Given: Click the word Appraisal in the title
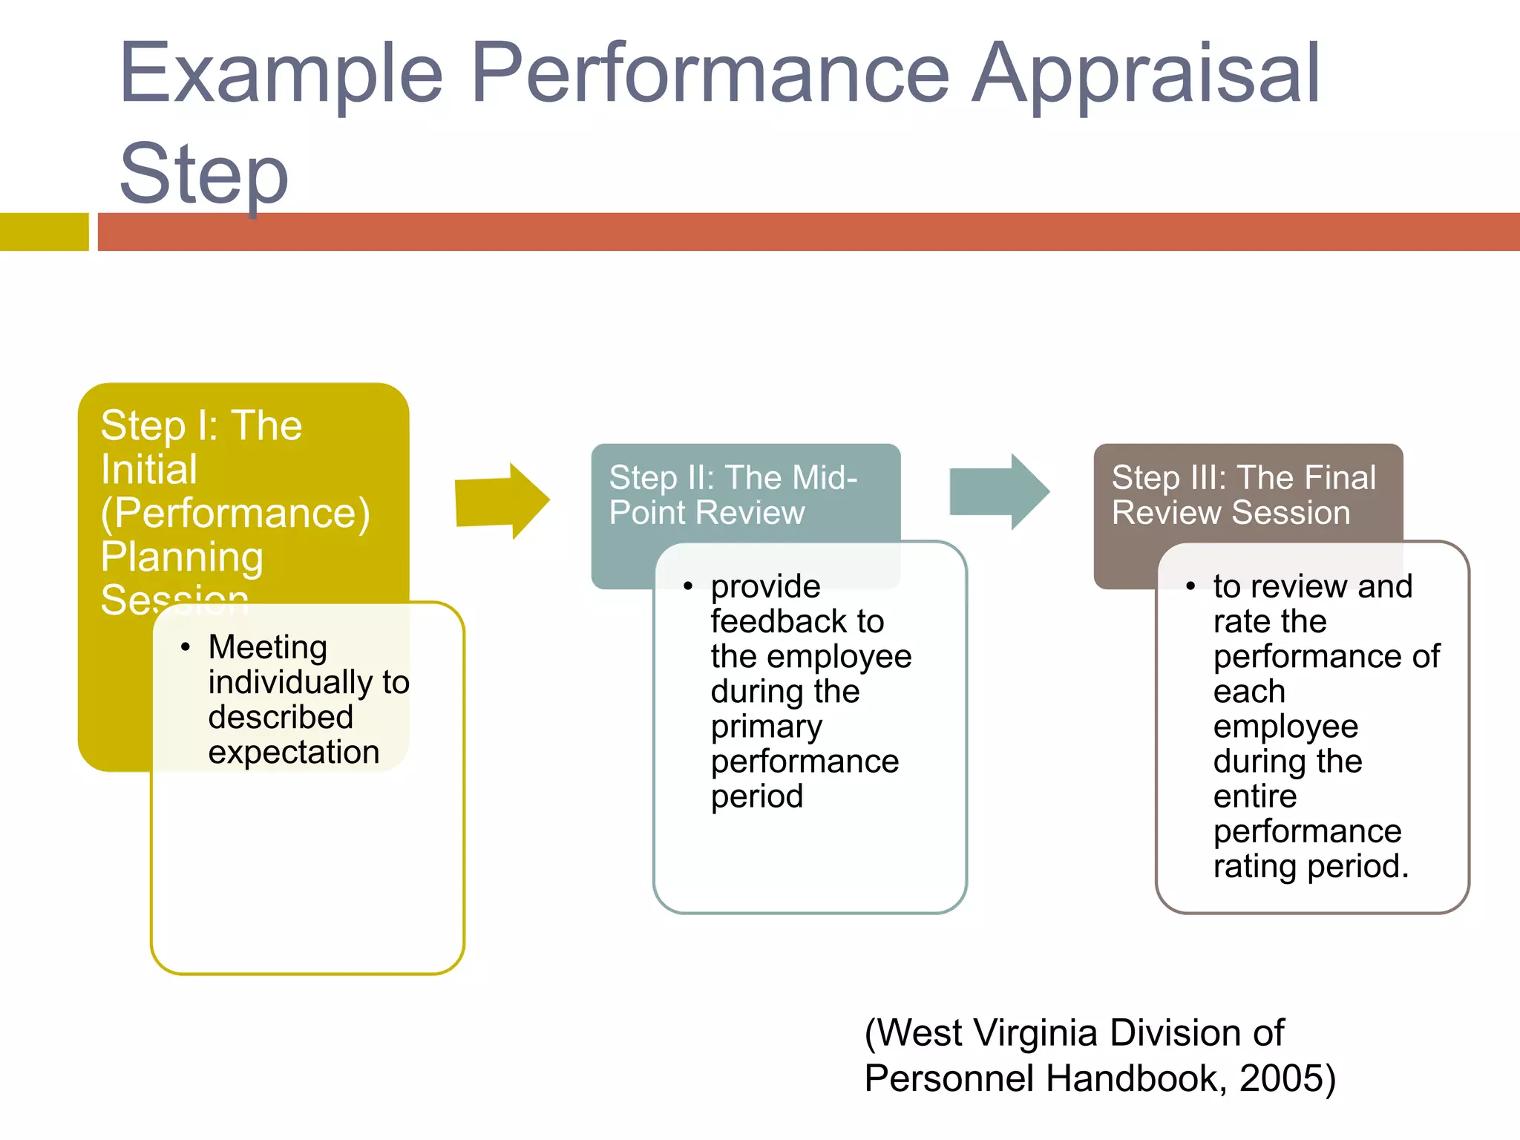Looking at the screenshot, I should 1147,74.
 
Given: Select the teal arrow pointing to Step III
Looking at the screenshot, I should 999,491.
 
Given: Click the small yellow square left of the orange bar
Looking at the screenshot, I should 44,232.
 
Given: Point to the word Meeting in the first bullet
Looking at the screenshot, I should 268,647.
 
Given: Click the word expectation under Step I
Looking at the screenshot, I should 294,753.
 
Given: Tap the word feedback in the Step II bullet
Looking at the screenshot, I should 797,622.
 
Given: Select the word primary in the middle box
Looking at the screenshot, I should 766,727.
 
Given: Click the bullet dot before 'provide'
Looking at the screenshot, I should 688,587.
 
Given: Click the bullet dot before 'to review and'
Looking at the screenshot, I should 1190,587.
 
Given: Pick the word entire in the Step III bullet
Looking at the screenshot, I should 1254,796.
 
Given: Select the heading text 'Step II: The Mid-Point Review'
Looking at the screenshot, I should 733,495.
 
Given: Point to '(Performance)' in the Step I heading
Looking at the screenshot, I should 235,514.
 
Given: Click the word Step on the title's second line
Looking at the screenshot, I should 203,174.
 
